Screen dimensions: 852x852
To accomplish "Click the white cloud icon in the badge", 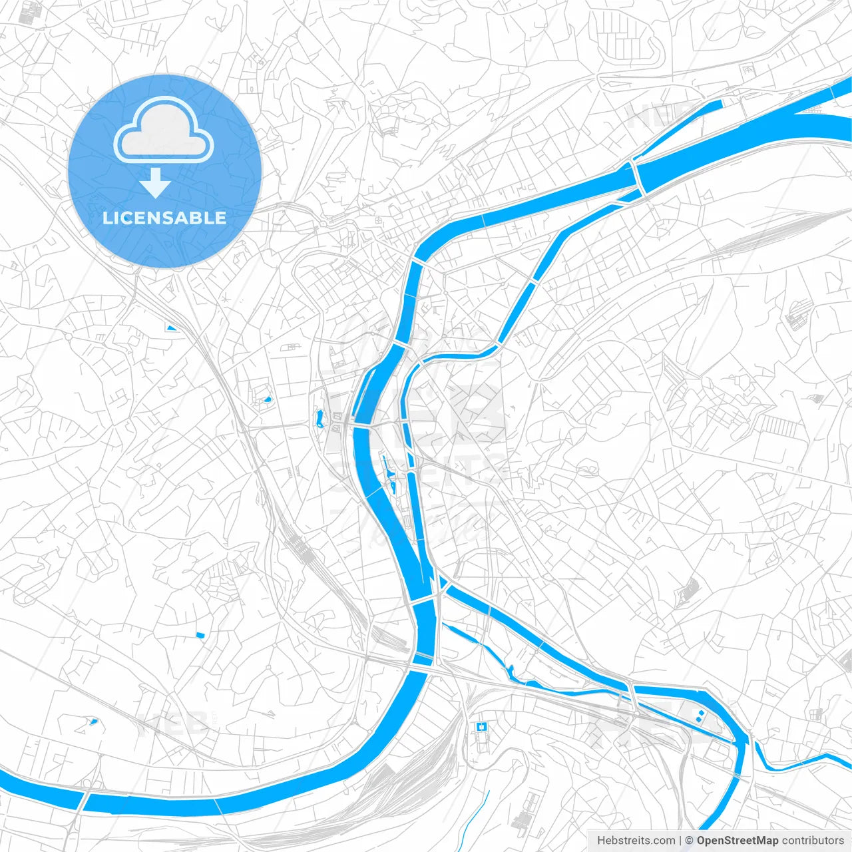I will (164, 129).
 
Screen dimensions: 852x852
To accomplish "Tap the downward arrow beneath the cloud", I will (156, 184).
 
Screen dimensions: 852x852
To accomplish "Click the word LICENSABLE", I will (164, 218).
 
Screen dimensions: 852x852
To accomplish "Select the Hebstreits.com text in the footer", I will (636, 841).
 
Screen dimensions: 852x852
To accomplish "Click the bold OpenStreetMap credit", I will (737, 841).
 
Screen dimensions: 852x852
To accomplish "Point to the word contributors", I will (813, 841).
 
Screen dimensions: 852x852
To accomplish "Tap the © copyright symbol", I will (689, 841).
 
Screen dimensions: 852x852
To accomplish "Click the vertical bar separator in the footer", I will (680, 841).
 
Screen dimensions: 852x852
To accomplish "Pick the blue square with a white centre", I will (481, 726).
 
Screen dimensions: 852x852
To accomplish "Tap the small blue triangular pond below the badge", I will (171, 327).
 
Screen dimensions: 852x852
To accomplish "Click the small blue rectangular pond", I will (200, 634).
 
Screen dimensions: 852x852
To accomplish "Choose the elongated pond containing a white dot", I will (319, 419).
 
